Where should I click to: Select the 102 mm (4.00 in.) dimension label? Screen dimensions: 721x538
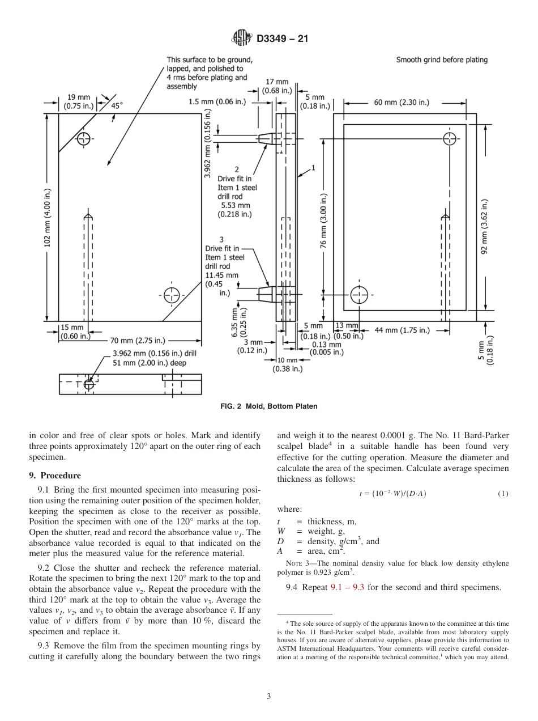[49, 218]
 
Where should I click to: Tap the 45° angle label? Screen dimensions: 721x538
[117, 105]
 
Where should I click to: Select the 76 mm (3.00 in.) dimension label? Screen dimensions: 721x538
[323, 221]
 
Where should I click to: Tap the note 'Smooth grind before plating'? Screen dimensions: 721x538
[442, 60]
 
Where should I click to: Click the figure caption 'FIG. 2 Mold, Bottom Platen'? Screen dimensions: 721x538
[269, 406]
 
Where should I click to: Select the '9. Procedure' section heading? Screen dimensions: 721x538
[55, 476]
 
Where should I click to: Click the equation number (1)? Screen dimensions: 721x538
[503, 494]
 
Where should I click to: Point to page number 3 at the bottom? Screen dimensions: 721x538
[269, 696]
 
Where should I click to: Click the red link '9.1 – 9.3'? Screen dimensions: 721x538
[347, 587]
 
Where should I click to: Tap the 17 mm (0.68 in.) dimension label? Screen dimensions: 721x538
[277, 86]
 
